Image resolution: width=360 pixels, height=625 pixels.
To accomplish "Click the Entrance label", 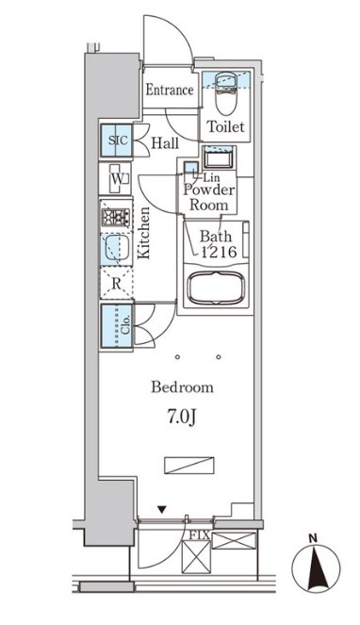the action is [170, 90].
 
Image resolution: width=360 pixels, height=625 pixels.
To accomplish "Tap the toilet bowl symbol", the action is [226, 92].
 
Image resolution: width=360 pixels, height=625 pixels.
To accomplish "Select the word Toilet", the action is [225, 126].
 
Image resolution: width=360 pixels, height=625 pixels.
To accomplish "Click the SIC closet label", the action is [118, 140].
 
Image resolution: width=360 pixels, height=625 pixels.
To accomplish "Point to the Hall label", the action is [165, 143].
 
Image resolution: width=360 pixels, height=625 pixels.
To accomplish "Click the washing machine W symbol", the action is [117, 178].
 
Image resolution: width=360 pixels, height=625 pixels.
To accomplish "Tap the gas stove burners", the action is [116, 217].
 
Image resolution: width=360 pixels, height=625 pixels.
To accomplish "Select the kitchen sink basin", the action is [116, 248].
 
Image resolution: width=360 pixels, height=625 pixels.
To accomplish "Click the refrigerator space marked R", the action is [116, 284].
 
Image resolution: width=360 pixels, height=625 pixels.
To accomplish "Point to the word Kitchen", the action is [143, 233].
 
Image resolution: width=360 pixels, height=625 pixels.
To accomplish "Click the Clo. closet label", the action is [125, 325].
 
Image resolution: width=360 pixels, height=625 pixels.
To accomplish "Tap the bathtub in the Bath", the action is [216, 288].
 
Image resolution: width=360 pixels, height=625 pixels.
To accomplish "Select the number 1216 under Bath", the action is [219, 252].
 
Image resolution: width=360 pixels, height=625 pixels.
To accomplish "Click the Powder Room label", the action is [208, 198].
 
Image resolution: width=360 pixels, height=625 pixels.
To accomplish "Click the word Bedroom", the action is [182, 387].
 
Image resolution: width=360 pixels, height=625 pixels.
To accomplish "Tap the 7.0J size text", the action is [181, 418].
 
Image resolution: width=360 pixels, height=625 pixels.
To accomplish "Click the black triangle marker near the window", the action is [161, 509].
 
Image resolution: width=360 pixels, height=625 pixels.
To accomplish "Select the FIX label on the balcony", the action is [199, 535].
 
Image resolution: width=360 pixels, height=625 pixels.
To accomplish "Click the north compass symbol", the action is [316, 567].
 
